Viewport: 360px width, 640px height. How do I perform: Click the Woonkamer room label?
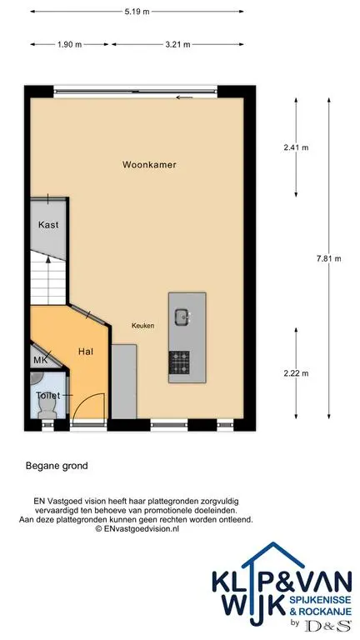[x=149, y=165]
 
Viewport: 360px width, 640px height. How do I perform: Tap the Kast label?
[x=48, y=225]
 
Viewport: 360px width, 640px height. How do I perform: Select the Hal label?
[x=86, y=351]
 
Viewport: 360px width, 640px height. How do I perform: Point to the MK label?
[x=40, y=360]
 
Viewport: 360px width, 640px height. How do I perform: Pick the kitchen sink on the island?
[x=182, y=317]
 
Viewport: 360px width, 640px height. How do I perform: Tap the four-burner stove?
[x=179, y=362]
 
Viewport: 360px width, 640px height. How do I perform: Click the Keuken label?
[x=142, y=326]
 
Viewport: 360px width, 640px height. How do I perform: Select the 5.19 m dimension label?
[x=137, y=12]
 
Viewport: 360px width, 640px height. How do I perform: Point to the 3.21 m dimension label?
[x=177, y=44]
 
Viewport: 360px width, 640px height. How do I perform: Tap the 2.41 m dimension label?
[x=296, y=147]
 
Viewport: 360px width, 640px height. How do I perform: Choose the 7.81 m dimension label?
[x=328, y=258]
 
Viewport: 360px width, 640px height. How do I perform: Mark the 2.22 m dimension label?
[x=296, y=372]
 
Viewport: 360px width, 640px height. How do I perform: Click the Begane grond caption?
[x=57, y=466]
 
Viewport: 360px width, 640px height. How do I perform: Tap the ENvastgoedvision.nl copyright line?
[x=137, y=528]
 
